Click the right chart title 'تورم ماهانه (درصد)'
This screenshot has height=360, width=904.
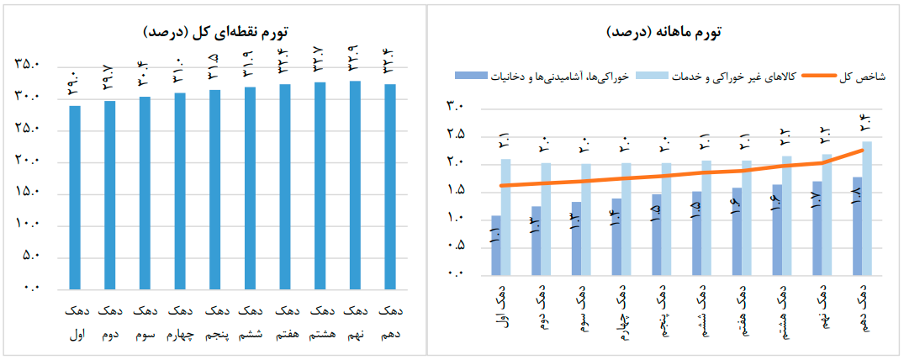[664, 33]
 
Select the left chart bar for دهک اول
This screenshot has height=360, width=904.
[75, 198]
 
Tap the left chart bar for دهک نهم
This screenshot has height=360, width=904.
[356, 185]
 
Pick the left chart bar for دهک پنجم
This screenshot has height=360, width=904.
[215, 189]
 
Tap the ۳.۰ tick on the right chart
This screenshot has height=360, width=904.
[455, 107]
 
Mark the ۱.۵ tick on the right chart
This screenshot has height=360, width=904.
[455, 191]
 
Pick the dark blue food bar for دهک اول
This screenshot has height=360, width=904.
[496, 245]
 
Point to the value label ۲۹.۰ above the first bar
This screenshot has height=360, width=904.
[75, 86]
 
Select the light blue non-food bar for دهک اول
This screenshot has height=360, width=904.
[505, 217]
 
